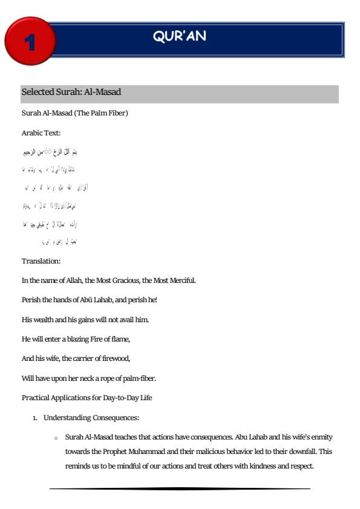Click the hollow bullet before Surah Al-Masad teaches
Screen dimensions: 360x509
(55, 437)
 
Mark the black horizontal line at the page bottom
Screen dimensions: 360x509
(180, 487)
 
